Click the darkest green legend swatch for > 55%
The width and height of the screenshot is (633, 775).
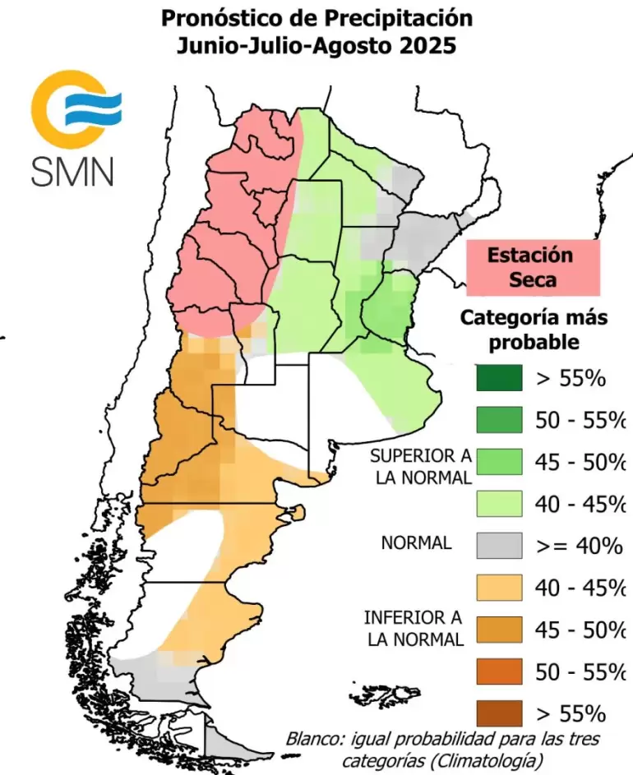click(x=498, y=378)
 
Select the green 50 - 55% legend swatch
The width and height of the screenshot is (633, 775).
click(x=498, y=420)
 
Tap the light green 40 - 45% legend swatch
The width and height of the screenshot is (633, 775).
click(x=498, y=503)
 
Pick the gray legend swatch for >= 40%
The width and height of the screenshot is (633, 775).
click(x=498, y=545)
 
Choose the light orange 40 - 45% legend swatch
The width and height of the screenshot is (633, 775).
click(x=498, y=587)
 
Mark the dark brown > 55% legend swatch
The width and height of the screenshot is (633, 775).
click(x=498, y=712)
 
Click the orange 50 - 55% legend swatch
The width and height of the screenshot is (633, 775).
click(x=498, y=671)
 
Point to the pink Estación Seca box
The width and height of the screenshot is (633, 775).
click(x=532, y=266)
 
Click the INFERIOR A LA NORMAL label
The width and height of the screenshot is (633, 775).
click(x=414, y=628)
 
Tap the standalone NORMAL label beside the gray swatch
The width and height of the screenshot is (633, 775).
click(x=416, y=543)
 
